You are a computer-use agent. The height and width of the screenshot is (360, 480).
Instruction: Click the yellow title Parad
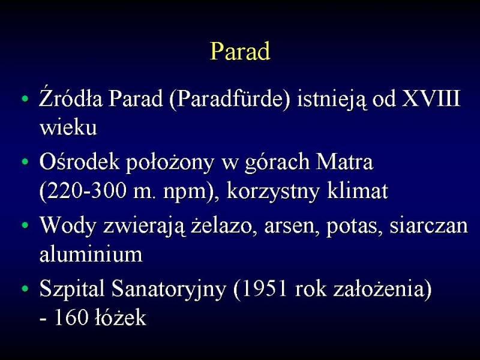coord(241,51)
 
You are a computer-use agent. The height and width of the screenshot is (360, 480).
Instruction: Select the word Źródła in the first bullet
coord(70,98)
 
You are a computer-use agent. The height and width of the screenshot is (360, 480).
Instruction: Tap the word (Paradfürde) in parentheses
coord(229,98)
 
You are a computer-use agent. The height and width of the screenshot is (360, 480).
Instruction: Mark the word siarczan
coord(428,226)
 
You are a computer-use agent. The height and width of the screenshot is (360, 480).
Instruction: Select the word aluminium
coord(91,254)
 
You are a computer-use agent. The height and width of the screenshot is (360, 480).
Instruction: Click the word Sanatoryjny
coord(169,289)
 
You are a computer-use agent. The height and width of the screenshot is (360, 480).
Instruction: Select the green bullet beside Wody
coord(25,226)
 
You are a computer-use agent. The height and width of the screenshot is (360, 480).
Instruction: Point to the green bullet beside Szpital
coord(25,289)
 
